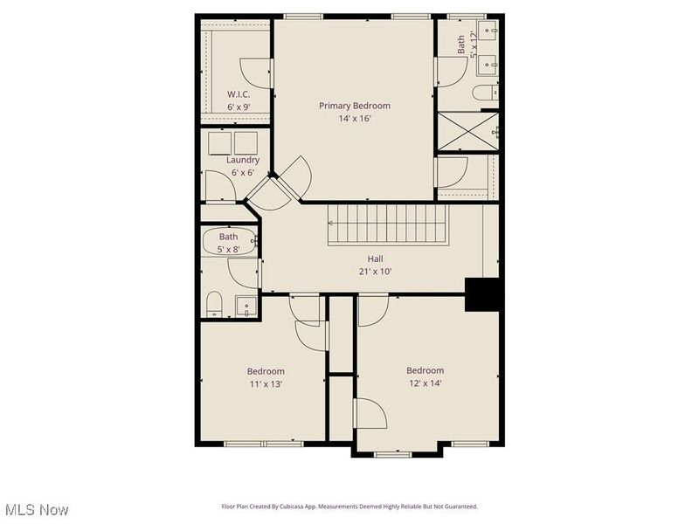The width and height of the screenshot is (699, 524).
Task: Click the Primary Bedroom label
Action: tap(355, 106)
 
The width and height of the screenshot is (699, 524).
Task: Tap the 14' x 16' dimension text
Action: tap(355, 119)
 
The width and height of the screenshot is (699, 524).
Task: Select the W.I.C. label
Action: tap(239, 94)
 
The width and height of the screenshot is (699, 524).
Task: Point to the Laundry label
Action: tap(243, 160)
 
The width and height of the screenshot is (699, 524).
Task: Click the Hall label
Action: tap(375, 259)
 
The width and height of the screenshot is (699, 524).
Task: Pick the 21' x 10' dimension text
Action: tap(376, 272)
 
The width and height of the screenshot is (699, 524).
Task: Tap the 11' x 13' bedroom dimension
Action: tap(266, 384)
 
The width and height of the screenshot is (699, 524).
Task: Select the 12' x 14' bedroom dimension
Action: tap(426, 383)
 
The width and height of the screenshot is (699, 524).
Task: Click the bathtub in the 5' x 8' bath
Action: tap(229, 242)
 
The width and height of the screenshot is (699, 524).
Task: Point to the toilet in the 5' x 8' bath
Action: tap(214, 304)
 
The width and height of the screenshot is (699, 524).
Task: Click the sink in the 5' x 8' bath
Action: tap(246, 307)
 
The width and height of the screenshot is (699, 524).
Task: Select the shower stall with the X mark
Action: tap(468, 132)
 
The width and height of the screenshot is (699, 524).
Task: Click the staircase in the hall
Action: tap(387, 224)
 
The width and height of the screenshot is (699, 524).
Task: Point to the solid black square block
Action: tap(482, 294)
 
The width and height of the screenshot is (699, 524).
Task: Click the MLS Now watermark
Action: tap(37, 510)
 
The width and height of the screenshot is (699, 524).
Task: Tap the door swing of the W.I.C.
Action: tap(255, 73)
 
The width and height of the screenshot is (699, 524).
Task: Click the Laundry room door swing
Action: tap(220, 186)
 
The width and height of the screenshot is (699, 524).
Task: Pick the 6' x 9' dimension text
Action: tap(239, 107)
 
